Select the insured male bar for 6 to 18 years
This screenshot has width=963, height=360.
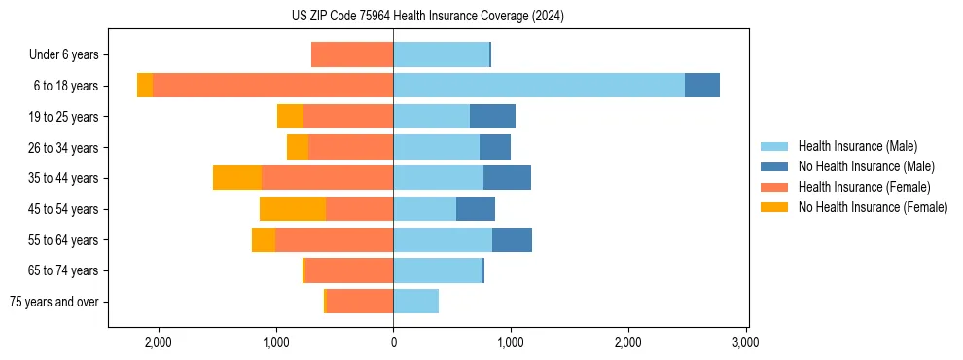point(539,86)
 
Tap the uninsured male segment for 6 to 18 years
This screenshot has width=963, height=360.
point(702,86)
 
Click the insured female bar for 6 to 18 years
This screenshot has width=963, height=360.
point(272,86)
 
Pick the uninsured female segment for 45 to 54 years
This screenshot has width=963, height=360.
point(293,209)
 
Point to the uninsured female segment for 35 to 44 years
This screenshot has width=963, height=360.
point(237,178)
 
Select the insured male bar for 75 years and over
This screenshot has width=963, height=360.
point(416,302)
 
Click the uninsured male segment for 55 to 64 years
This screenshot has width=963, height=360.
point(512,240)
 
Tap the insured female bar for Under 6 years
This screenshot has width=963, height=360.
point(352,54)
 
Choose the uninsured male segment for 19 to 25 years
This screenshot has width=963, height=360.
point(492,117)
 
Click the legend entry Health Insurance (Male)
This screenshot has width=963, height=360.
point(857,146)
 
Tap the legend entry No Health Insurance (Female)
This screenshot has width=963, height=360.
point(873,207)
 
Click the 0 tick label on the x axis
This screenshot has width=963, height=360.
point(393,342)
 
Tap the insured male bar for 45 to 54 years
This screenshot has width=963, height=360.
point(425,209)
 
